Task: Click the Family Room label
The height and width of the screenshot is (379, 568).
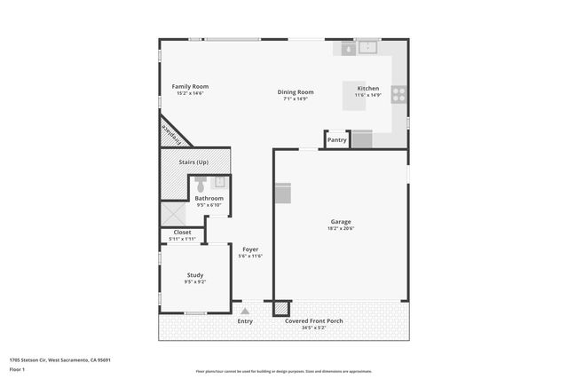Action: (x=190, y=86)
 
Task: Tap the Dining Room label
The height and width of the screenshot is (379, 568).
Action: (x=296, y=91)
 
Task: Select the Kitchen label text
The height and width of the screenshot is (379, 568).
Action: (x=368, y=89)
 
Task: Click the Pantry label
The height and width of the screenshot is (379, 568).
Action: (x=337, y=139)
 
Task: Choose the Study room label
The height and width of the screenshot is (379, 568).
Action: (x=195, y=275)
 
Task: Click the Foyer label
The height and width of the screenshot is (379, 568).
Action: (x=250, y=249)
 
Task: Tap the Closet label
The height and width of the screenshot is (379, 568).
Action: (x=182, y=233)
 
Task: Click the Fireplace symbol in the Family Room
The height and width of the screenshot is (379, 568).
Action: (x=174, y=133)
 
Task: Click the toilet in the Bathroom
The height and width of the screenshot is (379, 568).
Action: (x=201, y=184)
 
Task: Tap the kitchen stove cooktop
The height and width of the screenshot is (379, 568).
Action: (x=398, y=93)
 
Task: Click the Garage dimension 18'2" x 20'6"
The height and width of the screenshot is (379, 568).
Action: (x=341, y=228)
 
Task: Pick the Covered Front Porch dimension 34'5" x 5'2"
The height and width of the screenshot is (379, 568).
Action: (x=314, y=328)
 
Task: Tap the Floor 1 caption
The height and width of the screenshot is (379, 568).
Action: (x=17, y=368)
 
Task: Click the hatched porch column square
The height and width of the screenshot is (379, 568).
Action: (x=280, y=308)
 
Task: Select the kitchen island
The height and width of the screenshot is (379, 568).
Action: (x=355, y=96)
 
